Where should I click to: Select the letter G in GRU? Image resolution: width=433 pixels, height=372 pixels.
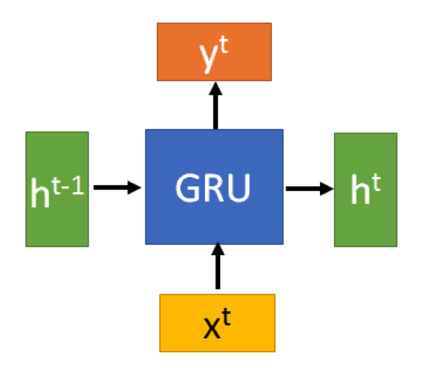pyautogui.click(x=187, y=188)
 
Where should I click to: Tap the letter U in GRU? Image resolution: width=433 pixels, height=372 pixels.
pyautogui.click(x=239, y=188)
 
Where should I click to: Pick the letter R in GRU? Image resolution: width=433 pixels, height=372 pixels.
pyautogui.click(x=214, y=188)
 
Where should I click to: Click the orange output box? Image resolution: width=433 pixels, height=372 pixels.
pyautogui.click(x=214, y=52)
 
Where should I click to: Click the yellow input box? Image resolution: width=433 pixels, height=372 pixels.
pyautogui.click(x=217, y=322)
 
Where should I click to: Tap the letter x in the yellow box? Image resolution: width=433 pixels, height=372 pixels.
pyautogui.click(x=212, y=328)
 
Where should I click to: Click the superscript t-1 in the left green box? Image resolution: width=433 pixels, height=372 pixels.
pyautogui.click(x=68, y=180)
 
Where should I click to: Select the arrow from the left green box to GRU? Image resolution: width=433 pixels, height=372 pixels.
pyautogui.click(x=117, y=188)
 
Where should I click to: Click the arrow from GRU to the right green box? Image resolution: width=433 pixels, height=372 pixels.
pyautogui.click(x=309, y=188)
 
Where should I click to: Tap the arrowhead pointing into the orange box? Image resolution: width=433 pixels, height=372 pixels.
pyautogui.click(x=215, y=89)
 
